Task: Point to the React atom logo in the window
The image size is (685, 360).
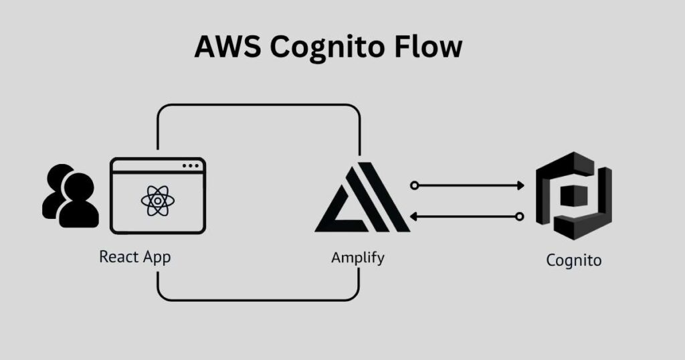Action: [x=158, y=200]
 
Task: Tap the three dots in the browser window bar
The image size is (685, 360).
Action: [x=191, y=165]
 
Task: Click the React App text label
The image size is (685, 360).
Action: [x=135, y=257]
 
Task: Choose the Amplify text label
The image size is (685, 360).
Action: [x=358, y=257]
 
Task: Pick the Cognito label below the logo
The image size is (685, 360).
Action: [x=573, y=260]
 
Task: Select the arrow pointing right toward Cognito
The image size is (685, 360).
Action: [x=468, y=185]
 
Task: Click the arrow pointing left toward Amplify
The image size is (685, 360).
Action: [x=468, y=216]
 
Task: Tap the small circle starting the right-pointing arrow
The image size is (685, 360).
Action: [x=415, y=185]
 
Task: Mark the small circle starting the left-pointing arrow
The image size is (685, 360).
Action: [x=519, y=216]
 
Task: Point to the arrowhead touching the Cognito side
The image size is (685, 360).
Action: [x=521, y=185]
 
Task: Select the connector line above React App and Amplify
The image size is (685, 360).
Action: [x=258, y=105]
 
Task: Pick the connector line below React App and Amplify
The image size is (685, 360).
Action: [x=258, y=300]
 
